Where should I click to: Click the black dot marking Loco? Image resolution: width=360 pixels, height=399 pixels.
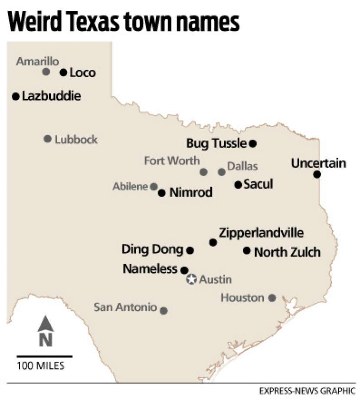(63, 72)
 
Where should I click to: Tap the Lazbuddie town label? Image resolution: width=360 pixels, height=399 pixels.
(51, 96)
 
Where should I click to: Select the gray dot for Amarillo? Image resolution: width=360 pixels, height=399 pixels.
(46, 72)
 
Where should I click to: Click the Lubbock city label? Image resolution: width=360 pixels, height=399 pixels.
(76, 140)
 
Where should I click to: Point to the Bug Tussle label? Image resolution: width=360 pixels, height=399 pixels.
(216, 143)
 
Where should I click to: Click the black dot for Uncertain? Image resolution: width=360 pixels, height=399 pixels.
(317, 174)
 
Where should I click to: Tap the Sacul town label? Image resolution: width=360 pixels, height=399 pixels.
(258, 184)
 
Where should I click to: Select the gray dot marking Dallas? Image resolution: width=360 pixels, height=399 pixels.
(222, 172)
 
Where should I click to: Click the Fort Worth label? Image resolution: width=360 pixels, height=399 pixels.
(172, 161)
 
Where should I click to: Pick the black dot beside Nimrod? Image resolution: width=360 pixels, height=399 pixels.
(161, 193)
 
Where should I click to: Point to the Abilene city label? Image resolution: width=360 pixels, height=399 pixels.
(131, 186)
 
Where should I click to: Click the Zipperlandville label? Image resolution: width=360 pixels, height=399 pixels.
(261, 232)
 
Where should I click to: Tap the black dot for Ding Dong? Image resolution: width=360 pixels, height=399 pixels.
(190, 250)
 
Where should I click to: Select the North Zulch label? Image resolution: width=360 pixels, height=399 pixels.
(287, 252)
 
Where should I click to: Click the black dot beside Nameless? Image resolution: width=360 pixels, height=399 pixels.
(184, 270)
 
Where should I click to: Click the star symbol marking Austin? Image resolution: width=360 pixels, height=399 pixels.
(191, 280)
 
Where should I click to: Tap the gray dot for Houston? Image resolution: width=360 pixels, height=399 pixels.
(272, 298)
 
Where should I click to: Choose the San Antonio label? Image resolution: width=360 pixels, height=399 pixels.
(125, 307)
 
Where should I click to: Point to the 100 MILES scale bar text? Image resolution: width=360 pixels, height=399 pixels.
(41, 366)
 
